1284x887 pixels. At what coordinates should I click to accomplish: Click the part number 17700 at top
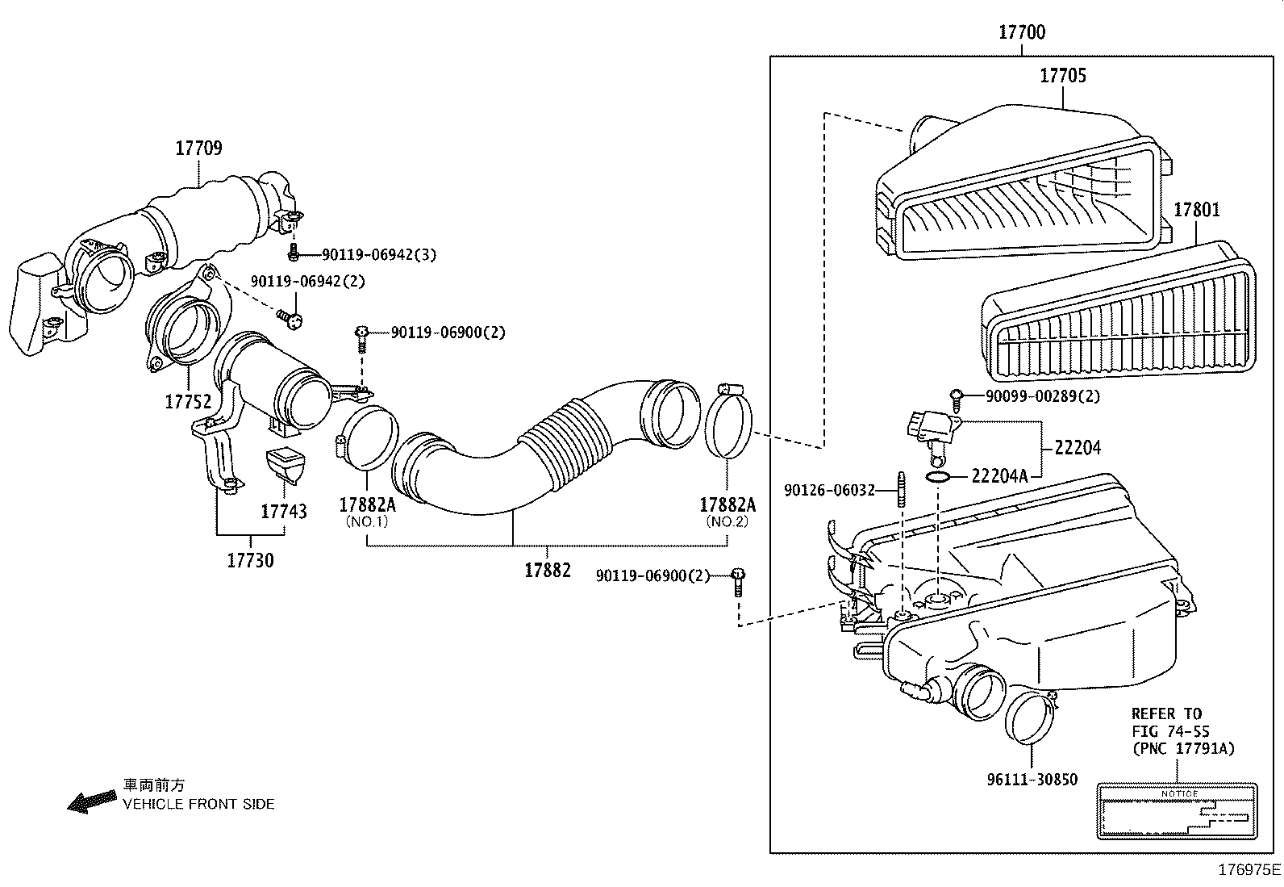point(1021,32)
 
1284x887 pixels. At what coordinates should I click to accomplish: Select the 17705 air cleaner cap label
point(1062,76)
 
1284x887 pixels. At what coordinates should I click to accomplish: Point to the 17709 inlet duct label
point(198,149)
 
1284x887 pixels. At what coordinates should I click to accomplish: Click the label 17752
point(187,401)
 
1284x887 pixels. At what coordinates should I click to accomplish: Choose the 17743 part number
point(283,512)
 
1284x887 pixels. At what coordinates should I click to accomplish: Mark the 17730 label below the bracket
point(250,560)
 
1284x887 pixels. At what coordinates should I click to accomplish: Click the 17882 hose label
point(547,570)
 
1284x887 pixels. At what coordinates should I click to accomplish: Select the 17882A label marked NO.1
point(367,505)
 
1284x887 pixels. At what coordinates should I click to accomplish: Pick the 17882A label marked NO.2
point(727,505)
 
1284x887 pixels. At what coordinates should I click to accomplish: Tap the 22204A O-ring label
point(999,476)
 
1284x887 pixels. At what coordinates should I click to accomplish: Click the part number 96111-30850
point(1032,780)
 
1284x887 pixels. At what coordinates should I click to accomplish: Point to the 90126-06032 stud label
point(829,490)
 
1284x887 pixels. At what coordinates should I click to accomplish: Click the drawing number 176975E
point(1249,870)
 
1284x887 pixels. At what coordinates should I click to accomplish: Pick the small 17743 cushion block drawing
point(286,465)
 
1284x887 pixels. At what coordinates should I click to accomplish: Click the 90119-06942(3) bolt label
point(379,255)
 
